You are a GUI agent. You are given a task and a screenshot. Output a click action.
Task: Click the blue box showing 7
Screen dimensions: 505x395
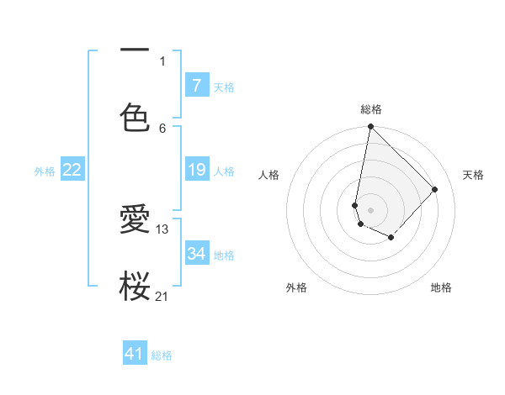click(x=196, y=85)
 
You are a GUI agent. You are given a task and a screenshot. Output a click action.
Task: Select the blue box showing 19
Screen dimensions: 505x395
click(x=196, y=170)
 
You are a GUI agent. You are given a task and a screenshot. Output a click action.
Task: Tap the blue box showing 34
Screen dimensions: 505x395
click(x=196, y=253)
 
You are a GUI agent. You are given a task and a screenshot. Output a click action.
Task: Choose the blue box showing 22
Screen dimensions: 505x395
click(x=72, y=170)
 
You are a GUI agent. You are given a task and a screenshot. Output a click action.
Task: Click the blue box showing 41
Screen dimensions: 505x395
click(x=135, y=354)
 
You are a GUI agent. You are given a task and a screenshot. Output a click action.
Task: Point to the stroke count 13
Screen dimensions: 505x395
click(x=162, y=229)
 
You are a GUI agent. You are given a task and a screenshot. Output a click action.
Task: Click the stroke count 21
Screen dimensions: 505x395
click(x=162, y=296)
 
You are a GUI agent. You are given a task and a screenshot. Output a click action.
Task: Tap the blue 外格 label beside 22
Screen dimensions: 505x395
click(x=45, y=171)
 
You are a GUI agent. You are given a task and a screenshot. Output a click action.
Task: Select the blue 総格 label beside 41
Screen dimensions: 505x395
click(x=162, y=355)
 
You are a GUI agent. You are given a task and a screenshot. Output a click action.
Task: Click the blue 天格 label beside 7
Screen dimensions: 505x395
click(x=224, y=87)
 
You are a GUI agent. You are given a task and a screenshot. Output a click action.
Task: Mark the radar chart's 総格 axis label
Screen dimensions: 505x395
click(x=371, y=109)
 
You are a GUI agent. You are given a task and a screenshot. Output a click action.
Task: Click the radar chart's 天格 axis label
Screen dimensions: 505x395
click(x=473, y=175)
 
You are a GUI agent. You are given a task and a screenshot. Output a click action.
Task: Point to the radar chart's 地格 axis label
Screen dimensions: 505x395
click(x=441, y=288)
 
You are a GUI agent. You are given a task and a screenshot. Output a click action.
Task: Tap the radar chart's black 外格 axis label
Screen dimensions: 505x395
click(x=296, y=288)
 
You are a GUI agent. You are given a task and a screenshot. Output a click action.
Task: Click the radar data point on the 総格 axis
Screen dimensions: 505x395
click(x=370, y=127)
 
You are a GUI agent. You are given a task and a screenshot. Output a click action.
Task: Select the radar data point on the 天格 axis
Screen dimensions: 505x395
click(x=435, y=189)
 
